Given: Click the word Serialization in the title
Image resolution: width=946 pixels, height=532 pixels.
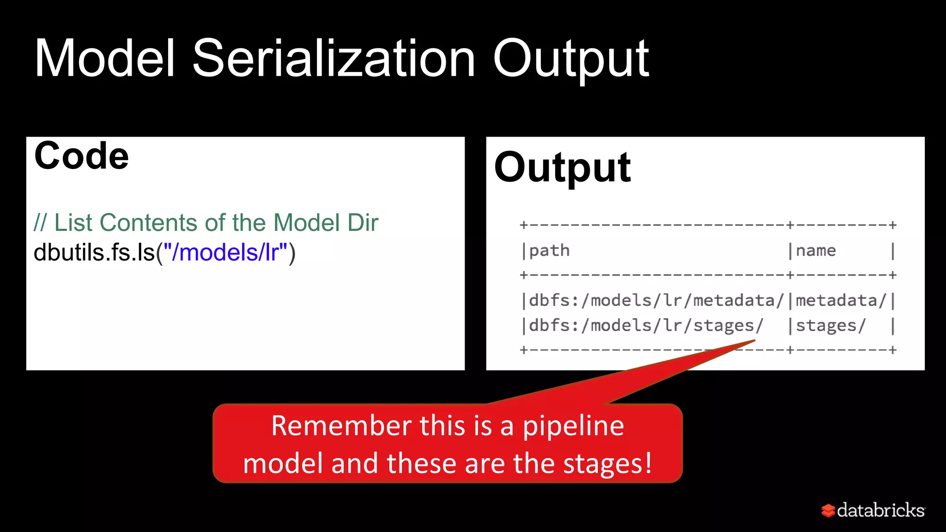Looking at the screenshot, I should [x=334, y=59].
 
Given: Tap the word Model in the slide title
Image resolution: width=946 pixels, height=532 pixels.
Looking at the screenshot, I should [x=105, y=59].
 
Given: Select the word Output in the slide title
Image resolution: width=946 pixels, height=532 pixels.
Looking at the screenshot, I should [x=570, y=59].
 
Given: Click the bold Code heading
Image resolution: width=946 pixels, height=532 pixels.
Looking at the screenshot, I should [x=81, y=156].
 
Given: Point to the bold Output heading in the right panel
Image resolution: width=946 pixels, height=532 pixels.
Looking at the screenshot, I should [x=562, y=167].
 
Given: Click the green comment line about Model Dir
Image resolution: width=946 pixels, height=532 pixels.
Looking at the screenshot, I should [x=206, y=223].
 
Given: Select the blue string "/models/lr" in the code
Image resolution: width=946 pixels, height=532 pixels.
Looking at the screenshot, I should [x=225, y=252].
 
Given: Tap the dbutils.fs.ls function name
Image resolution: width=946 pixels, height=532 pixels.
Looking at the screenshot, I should [x=94, y=252].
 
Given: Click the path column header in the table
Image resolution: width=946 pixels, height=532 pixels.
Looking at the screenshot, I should [x=549, y=250].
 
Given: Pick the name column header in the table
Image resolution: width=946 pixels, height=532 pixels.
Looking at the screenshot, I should [x=815, y=250].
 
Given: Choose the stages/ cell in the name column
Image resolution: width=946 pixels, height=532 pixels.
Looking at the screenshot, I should [x=830, y=326].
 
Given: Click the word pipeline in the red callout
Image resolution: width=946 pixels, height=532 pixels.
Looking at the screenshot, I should [x=573, y=426].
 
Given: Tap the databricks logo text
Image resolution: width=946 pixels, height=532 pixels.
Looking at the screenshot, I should [x=880, y=510].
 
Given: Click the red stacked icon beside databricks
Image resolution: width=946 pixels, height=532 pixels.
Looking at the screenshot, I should [x=828, y=510].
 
